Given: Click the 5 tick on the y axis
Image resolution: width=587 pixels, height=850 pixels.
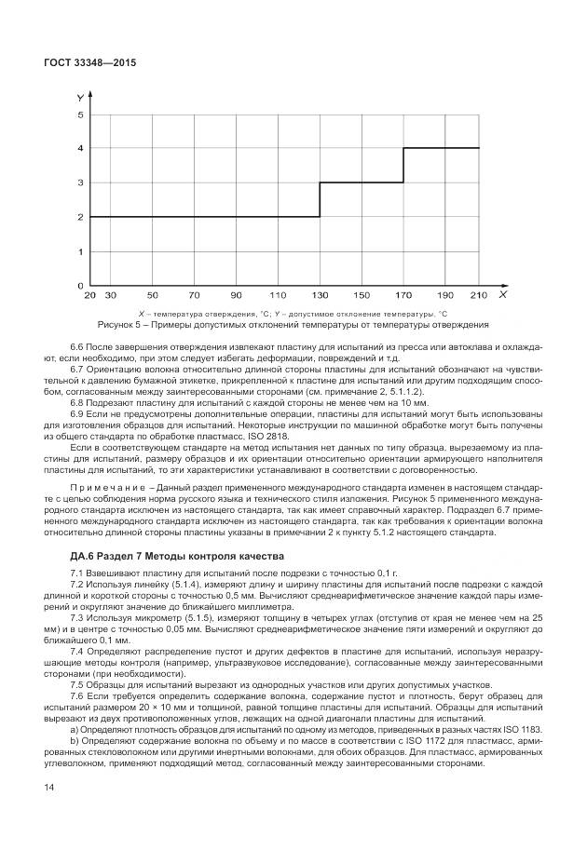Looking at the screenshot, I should point(80,115).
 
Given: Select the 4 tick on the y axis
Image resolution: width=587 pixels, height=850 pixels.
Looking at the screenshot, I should point(80,148).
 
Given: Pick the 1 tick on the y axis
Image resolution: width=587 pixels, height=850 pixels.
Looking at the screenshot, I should point(80,251).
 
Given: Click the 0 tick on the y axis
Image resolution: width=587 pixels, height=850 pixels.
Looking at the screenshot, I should point(80,285).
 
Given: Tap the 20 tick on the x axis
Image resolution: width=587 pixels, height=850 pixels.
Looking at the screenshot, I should point(89,295).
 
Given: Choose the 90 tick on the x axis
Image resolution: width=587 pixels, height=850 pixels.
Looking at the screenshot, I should point(237,295).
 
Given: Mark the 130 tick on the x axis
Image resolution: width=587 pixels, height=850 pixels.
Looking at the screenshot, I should point(320,295).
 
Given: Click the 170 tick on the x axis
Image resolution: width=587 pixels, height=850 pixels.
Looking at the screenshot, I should point(403,295).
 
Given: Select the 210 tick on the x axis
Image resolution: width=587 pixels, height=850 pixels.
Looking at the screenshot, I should point(479,295).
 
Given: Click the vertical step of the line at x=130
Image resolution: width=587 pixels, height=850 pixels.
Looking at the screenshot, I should point(320,199).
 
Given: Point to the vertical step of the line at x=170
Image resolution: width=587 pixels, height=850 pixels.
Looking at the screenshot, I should point(403,165).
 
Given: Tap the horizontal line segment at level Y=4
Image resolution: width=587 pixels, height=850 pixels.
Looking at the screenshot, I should point(441,148).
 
